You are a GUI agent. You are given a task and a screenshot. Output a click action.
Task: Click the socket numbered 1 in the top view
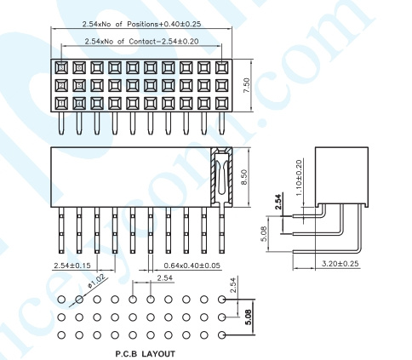pos(61,104)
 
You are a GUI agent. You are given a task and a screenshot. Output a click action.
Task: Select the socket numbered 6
pos(79,68)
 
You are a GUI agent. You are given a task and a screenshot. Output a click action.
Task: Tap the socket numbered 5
pos(79,85)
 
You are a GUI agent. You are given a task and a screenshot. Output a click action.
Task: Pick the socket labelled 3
pos(61,68)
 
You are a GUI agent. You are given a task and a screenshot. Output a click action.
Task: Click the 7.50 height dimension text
pos(247,85)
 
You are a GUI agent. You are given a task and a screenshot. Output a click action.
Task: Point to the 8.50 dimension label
pos(244,177)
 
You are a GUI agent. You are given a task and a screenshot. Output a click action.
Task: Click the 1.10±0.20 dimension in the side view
pos(299,178)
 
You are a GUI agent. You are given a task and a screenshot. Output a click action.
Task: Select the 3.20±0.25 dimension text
pos(340,264)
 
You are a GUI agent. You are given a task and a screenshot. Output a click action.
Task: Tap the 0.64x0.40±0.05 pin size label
pos(192,266)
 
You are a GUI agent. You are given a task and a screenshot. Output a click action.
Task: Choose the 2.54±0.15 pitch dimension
pos(72,266)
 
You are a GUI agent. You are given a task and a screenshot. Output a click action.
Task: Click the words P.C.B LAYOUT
pos(145,354)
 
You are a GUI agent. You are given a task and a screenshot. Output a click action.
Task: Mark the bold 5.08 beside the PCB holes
pos(249,317)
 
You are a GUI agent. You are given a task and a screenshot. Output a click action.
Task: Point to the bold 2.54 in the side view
pos(279,202)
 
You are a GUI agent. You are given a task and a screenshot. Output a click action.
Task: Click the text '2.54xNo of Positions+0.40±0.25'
pos(141,24)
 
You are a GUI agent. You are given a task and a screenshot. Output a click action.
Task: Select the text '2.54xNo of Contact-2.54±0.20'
pos(141,42)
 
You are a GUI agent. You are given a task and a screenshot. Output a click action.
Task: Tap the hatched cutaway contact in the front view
pos(221,177)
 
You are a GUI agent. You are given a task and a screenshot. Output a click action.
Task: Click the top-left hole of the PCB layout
pos(61,300)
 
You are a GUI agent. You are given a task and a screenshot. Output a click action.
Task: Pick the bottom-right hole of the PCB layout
pos(222,335)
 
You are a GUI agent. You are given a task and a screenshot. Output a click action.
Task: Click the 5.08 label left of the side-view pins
pos(264,234)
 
